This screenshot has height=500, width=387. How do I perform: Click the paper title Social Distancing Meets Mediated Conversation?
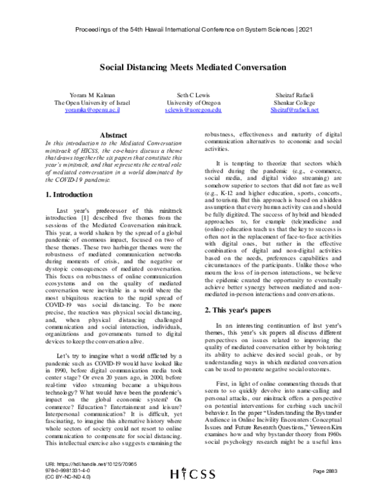point(193,65)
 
